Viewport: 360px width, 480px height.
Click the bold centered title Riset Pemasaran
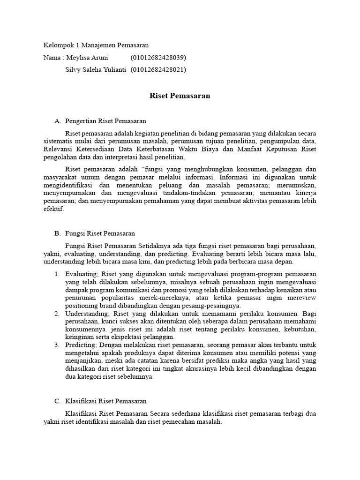click(x=180, y=96)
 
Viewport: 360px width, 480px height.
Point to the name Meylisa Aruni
click(x=87, y=58)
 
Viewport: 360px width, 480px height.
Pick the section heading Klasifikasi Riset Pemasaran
click(x=106, y=401)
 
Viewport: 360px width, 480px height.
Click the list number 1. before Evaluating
click(x=57, y=274)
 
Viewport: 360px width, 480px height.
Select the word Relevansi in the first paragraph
click(x=59, y=149)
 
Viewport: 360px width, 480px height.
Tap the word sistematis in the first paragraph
click(x=58, y=141)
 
